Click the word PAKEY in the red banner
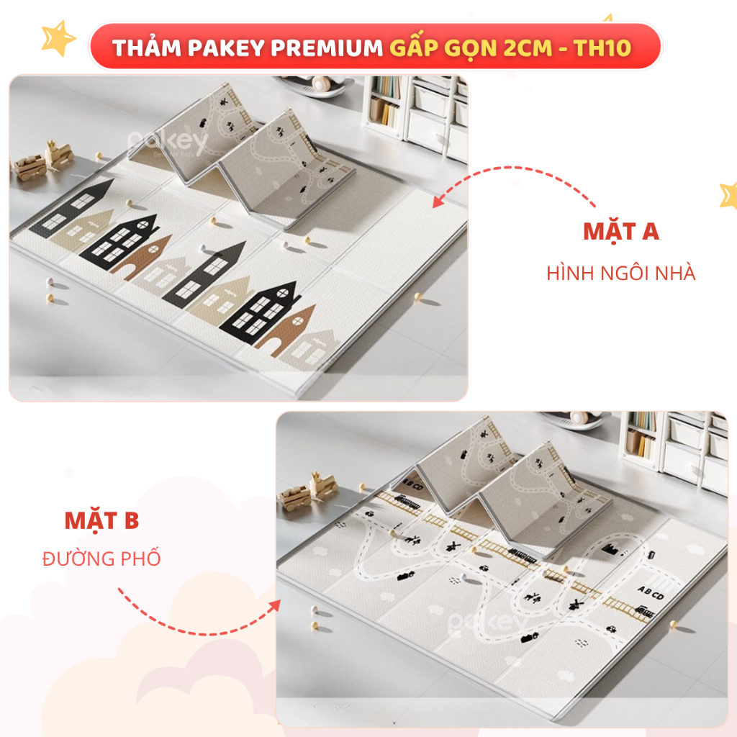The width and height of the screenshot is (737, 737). pos(226,48)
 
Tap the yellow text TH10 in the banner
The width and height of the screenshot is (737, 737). pos(602,48)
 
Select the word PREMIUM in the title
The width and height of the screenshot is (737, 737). pos(327,48)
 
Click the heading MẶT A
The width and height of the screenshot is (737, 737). pos(621,231)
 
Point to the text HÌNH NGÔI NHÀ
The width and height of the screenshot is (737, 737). pos(620,273)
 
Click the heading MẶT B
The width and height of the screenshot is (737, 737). pos(101,521)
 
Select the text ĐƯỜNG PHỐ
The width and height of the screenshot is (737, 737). pos(101,558)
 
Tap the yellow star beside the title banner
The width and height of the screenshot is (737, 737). pos(58,37)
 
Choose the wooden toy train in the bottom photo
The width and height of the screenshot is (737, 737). pos(308,491)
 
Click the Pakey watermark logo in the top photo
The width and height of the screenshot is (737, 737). pos(168,143)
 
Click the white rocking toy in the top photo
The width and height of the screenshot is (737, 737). pos(315,85)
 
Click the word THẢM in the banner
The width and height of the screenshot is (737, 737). pos(147,48)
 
